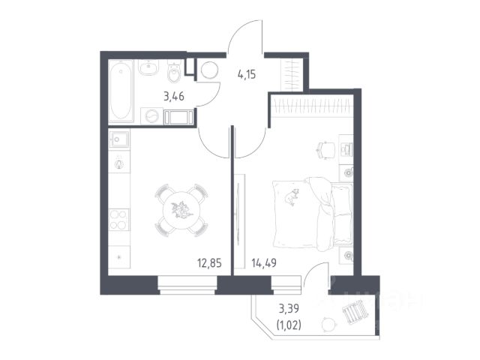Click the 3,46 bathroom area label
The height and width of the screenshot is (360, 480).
click(174, 97)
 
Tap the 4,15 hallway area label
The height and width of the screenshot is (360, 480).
click(247, 74)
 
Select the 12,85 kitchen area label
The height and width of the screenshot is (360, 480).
click(209, 263)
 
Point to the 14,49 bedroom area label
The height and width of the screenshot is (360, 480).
click(264, 262)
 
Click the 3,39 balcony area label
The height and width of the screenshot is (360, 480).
click(289, 308)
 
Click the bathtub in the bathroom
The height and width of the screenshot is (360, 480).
click(121, 91)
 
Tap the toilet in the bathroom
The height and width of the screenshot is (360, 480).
click(175, 73)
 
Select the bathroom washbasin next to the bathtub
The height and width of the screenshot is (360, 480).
click(148, 67)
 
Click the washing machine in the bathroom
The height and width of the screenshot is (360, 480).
click(151, 116)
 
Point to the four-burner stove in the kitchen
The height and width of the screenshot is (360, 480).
click(118, 220)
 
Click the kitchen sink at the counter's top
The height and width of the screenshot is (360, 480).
click(119, 139)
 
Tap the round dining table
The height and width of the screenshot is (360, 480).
click(181, 210)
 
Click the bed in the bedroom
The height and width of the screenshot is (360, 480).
click(312, 214)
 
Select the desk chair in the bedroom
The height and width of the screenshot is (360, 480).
click(325, 150)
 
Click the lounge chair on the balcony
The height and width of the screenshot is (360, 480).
click(355, 310)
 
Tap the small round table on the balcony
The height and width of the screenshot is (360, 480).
click(328, 324)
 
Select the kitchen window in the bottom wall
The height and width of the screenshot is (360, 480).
click(187, 285)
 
